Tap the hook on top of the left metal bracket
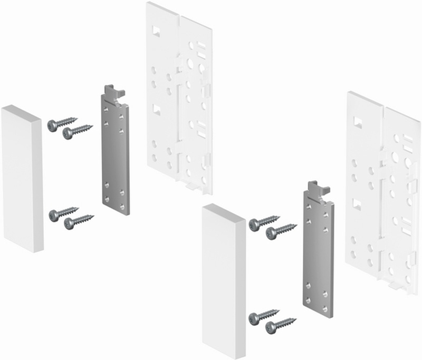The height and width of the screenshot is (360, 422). point(114,91)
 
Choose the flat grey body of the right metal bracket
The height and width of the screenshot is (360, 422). point(318,253)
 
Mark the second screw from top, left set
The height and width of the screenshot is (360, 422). point(76,132)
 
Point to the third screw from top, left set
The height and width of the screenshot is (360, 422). point(62,213)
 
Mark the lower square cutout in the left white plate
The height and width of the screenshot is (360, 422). point(157,110)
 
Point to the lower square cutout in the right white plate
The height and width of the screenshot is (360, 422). point(357,204)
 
